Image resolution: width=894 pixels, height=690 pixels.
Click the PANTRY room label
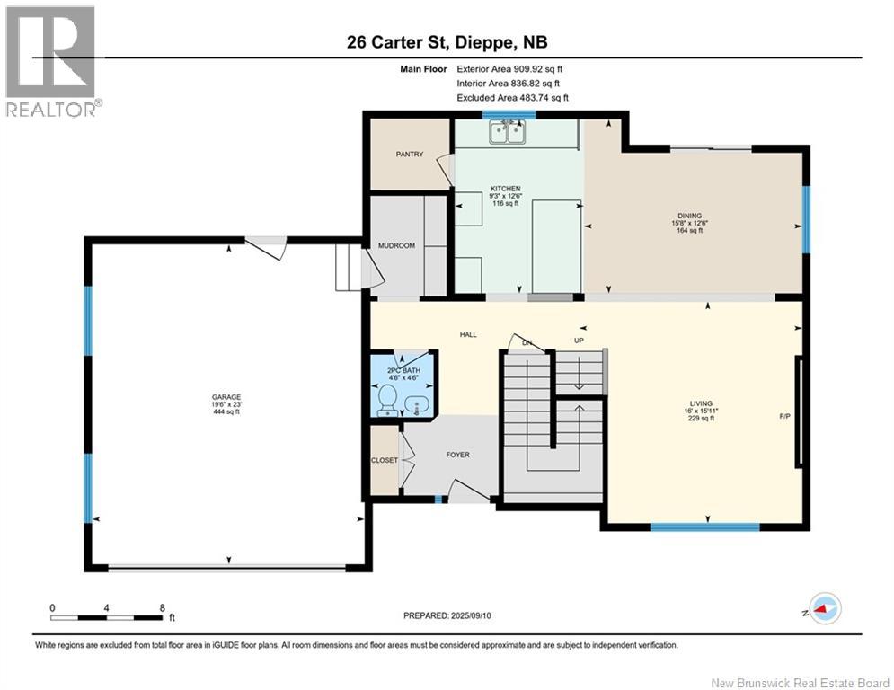[x=410, y=154]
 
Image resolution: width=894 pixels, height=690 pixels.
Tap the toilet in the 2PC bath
[x=388, y=399]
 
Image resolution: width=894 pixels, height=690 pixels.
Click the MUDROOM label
[x=396, y=246]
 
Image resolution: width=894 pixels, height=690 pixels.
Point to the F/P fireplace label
[x=785, y=416]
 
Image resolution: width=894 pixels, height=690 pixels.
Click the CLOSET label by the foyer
[x=385, y=460]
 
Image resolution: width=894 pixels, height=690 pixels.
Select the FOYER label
[x=458, y=455]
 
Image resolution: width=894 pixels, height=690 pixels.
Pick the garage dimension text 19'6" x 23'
[x=226, y=404]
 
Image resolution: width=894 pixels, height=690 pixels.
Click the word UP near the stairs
[x=579, y=341]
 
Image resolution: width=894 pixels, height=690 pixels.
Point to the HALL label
[x=468, y=335]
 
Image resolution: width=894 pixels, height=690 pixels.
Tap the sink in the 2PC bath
[x=417, y=405]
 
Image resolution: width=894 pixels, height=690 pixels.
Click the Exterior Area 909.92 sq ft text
[x=509, y=69]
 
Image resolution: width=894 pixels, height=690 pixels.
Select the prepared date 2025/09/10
[x=471, y=615]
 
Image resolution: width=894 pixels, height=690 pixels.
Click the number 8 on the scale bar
[x=163, y=608]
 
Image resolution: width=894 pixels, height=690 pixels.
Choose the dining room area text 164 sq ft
[x=689, y=230]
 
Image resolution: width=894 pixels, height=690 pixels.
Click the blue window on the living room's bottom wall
[x=704, y=526]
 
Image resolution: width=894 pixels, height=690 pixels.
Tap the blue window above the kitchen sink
[x=509, y=115]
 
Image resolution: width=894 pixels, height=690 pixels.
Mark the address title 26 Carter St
[x=399, y=42]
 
